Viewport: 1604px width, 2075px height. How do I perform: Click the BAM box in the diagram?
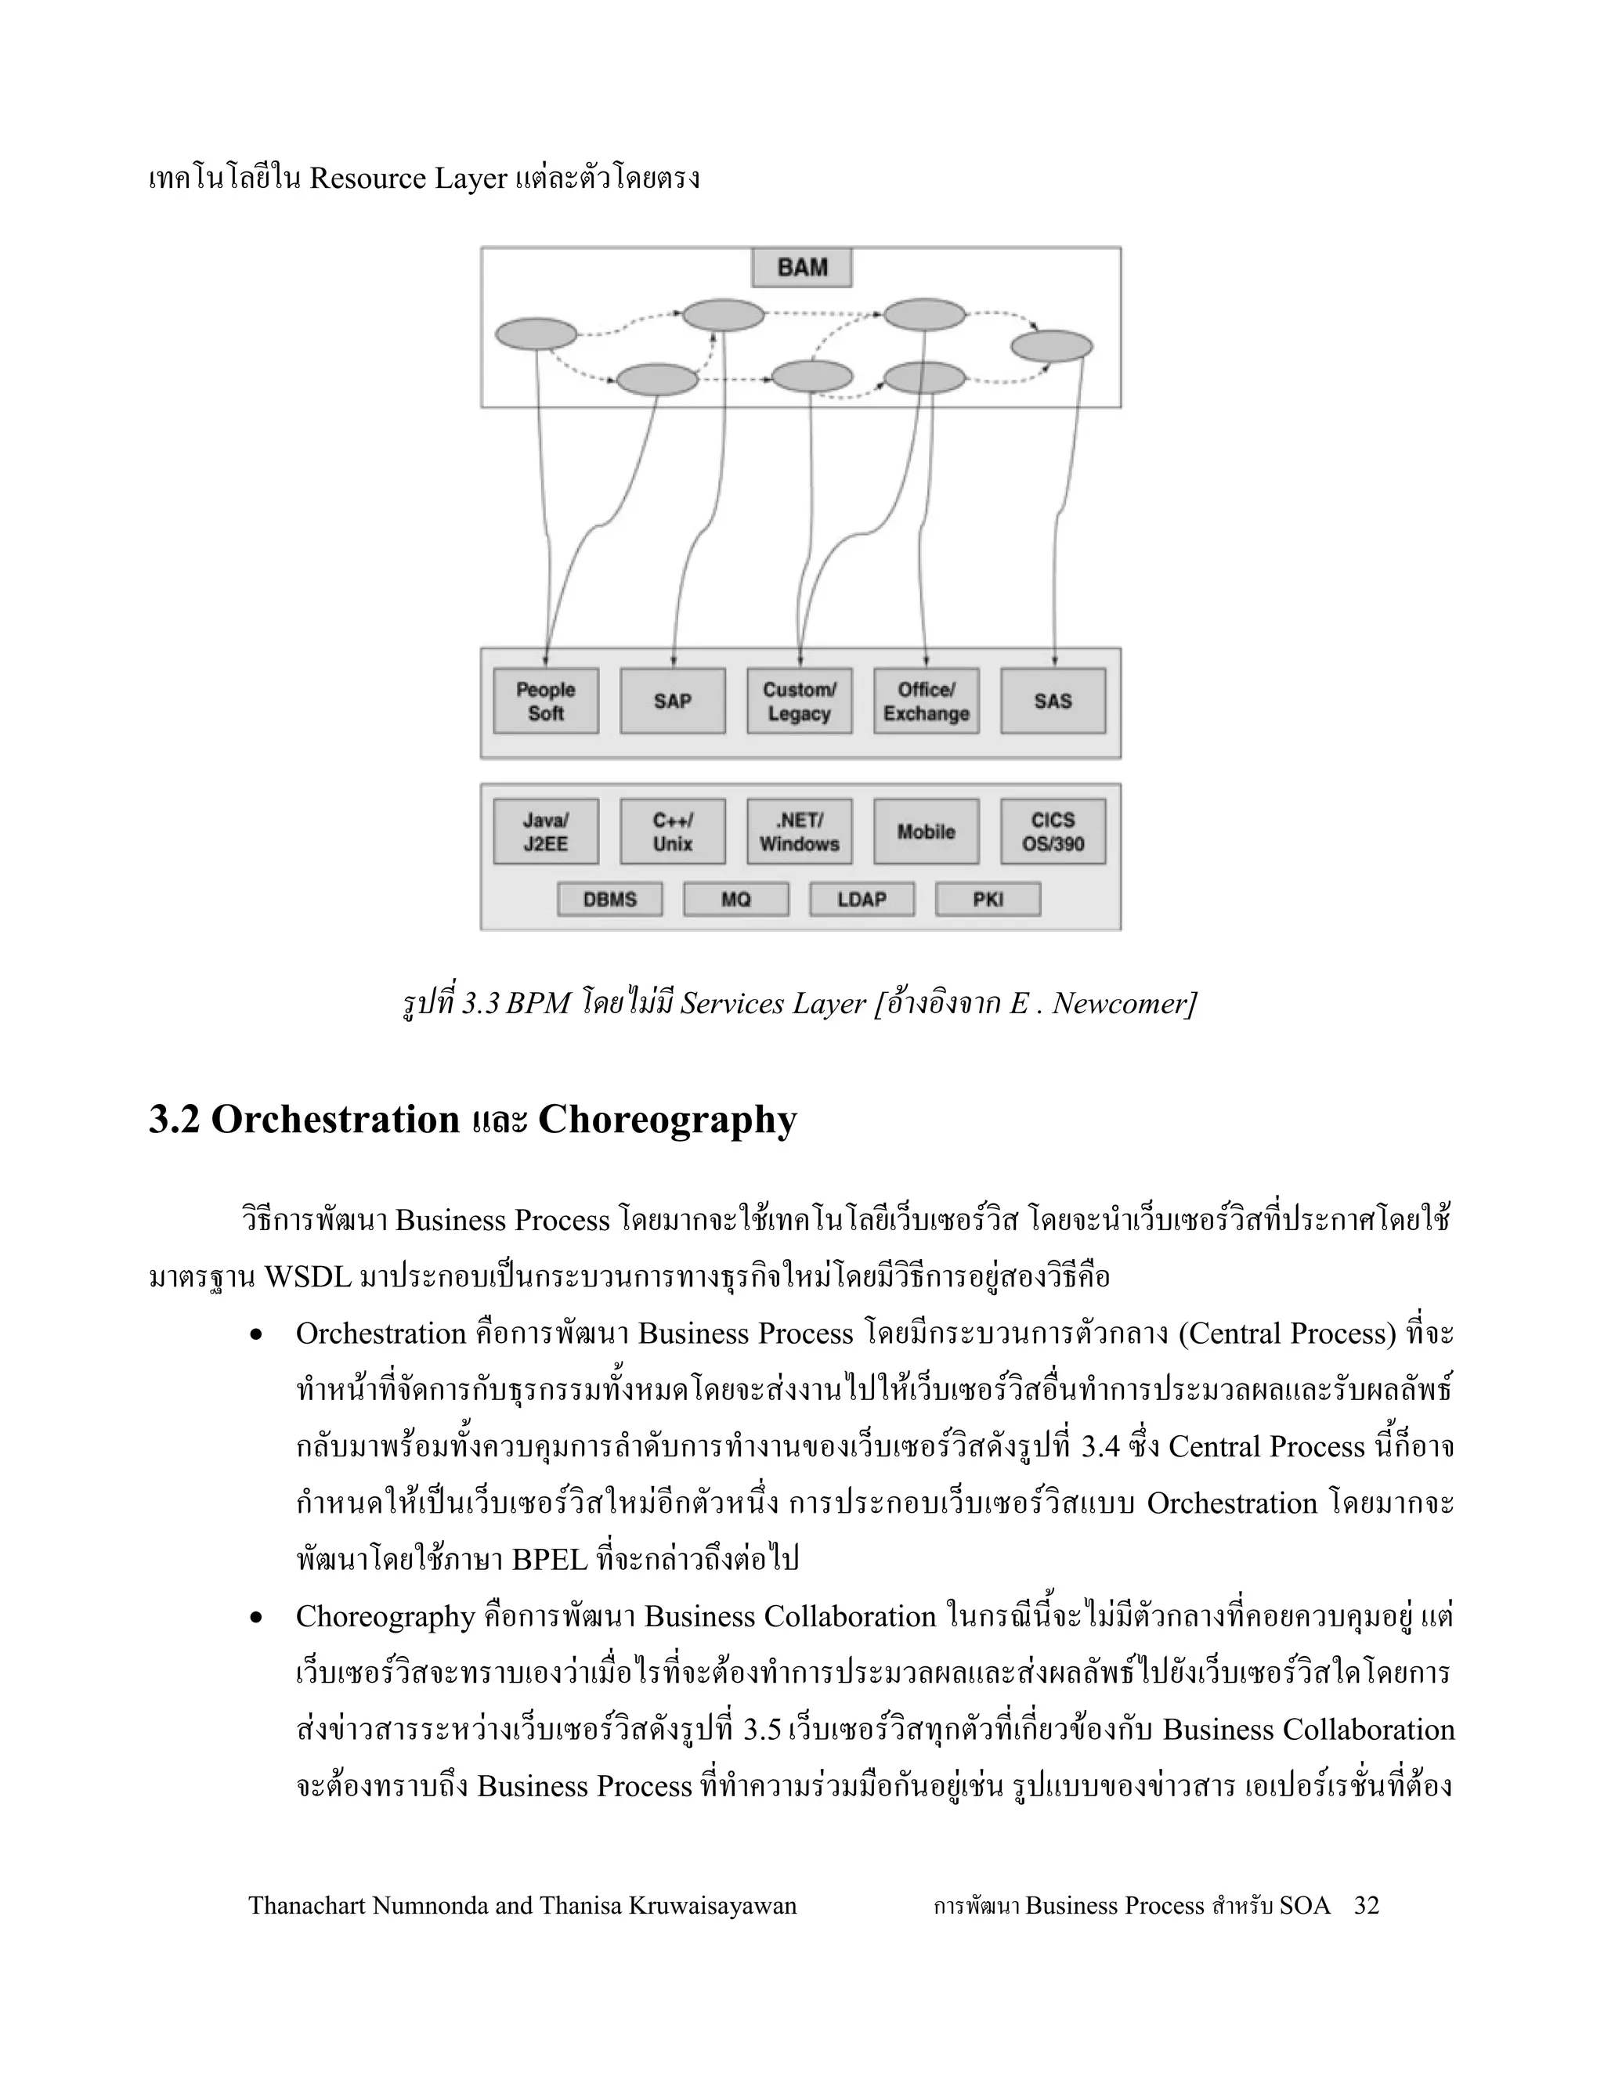(x=801, y=268)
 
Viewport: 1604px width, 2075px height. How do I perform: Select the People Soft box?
(x=545, y=701)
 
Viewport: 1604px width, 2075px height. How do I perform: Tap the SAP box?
(x=672, y=701)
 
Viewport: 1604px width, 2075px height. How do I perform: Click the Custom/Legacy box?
(x=799, y=701)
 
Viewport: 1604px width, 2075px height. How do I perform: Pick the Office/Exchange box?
(x=926, y=701)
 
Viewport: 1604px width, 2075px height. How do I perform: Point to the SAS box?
(x=1052, y=701)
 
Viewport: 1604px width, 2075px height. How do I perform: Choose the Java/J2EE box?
(x=545, y=832)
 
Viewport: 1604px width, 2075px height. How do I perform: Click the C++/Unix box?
(x=672, y=832)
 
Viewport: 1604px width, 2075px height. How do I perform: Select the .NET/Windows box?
(x=799, y=832)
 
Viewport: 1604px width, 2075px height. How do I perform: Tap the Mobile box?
(x=926, y=832)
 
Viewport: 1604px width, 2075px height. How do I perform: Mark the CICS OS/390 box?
(x=1052, y=832)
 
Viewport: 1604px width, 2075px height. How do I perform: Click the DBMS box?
(x=609, y=899)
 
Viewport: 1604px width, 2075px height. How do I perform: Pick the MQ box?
(x=735, y=899)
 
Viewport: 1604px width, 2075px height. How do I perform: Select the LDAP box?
(x=862, y=899)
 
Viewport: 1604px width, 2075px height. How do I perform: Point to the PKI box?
(x=988, y=899)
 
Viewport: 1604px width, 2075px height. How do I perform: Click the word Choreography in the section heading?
(x=667, y=1120)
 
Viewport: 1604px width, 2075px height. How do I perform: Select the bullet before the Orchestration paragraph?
(x=255, y=1336)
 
